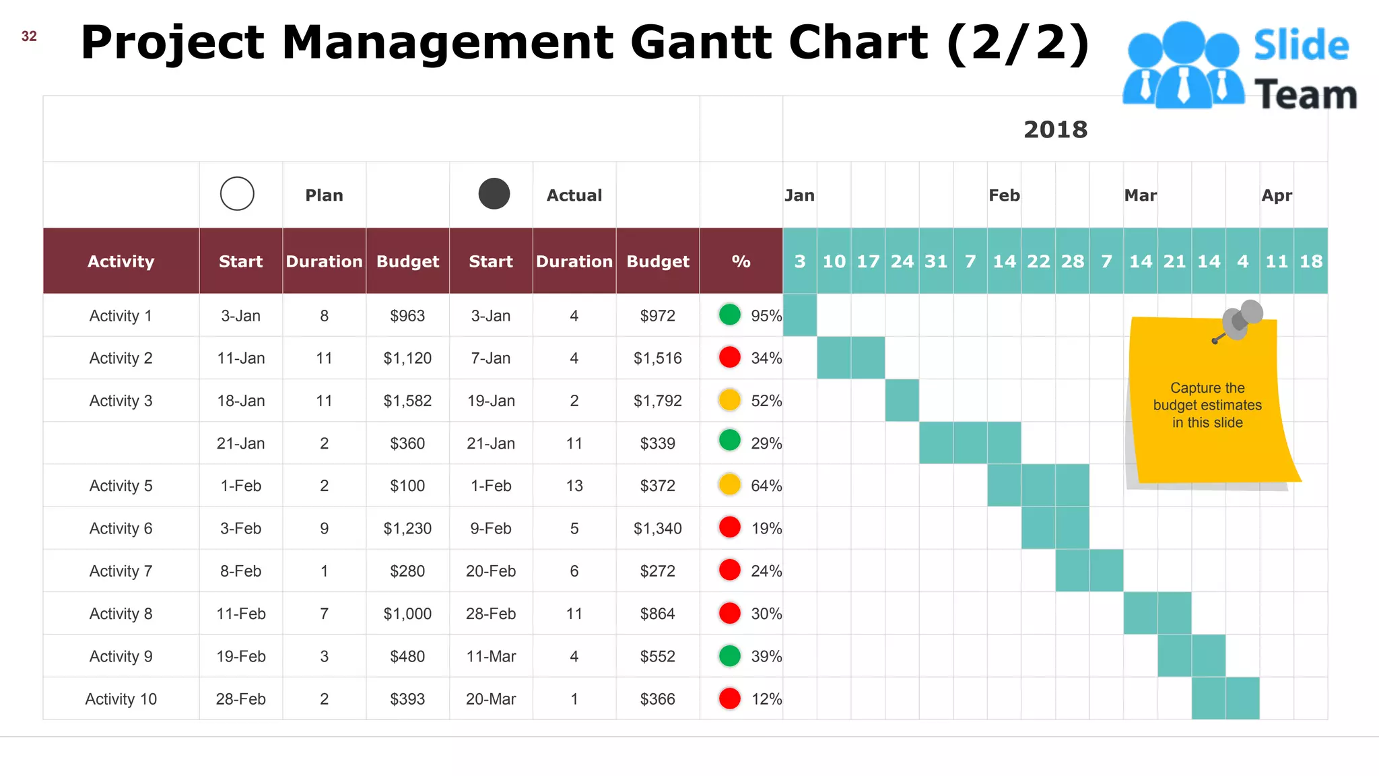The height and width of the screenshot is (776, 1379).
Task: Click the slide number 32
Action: pos(29,36)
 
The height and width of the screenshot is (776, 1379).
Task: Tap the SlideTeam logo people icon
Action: pos(1183,65)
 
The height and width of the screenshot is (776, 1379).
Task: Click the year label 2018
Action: pos(1055,129)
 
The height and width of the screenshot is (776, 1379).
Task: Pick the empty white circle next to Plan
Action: pos(237,194)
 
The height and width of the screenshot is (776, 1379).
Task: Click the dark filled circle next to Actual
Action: pos(494,194)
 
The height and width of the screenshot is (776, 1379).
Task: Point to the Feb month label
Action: pos(1004,195)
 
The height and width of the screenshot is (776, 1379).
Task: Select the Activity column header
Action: pos(121,261)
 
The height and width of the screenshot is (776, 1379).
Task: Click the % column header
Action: pos(741,261)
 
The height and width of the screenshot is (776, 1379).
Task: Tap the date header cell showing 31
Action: pos(936,261)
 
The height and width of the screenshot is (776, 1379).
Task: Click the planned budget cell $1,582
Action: pos(407,401)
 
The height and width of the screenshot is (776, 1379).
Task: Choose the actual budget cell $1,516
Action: pos(657,358)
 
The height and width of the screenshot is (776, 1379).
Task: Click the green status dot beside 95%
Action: pos(729,315)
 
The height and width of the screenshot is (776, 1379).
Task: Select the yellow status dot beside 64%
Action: pos(729,485)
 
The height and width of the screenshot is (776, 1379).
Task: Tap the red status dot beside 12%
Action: pos(729,699)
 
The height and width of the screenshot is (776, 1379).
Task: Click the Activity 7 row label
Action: pos(121,571)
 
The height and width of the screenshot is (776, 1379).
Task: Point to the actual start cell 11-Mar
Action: pos(491,656)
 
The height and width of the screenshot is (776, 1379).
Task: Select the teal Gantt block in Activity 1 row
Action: pos(800,315)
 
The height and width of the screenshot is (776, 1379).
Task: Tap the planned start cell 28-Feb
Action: pos(240,699)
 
